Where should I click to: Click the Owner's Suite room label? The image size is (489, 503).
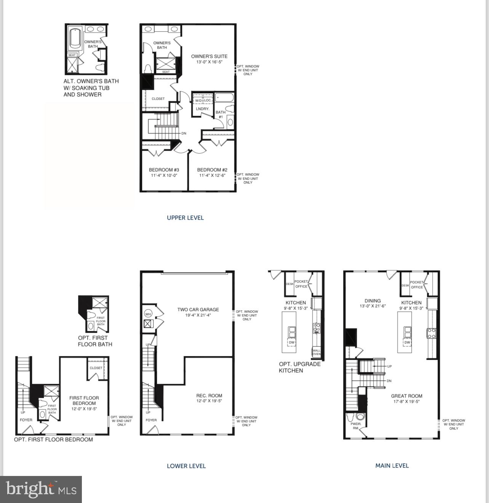coord(209,56)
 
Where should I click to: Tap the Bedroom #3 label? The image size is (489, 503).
coord(164,170)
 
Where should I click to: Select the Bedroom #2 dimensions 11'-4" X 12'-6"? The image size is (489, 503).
coord(212,176)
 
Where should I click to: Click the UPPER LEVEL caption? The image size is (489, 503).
coord(185,218)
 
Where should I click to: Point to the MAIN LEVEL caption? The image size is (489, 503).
coord(392,465)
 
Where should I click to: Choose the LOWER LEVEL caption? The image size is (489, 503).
coord(186,466)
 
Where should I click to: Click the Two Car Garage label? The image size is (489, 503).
coord(198,310)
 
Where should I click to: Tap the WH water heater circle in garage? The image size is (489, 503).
coord(148,314)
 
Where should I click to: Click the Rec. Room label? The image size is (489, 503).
coord(209,396)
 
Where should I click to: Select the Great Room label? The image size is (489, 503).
coord(406,396)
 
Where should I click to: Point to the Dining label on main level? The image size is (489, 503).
coord(372,301)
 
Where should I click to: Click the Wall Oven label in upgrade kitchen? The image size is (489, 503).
coord(316,352)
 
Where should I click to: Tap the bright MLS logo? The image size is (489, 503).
coord(41,489)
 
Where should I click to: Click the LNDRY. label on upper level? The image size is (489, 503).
coord(203,109)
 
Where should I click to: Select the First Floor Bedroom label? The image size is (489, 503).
coord(84,401)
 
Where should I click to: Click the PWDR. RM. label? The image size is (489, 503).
coord(356,426)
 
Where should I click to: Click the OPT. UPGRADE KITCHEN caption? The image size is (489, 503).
coord(299,367)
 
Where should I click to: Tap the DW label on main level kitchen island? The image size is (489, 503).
coord(407,343)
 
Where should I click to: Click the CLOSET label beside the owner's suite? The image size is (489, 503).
coord(158,99)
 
